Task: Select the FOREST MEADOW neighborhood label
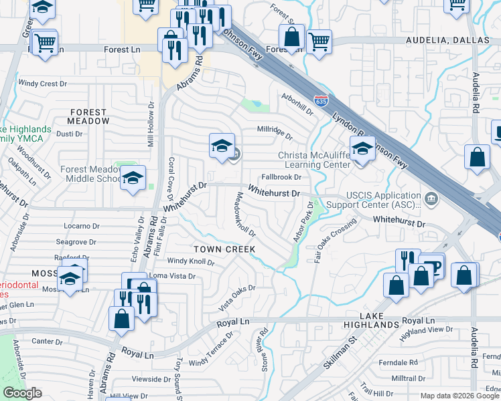(88, 117)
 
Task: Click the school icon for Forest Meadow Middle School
(133, 178)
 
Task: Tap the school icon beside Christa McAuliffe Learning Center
(362, 150)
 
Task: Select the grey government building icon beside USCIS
(432, 198)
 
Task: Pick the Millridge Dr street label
(275, 132)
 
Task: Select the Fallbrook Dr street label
(281, 177)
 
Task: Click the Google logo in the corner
(23, 393)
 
